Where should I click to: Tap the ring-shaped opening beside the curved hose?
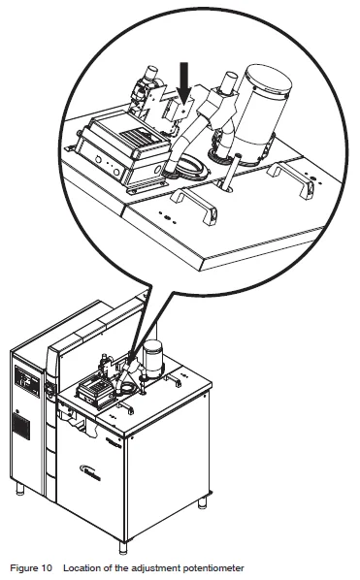coord(193,169)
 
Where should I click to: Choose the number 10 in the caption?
coord(47,567)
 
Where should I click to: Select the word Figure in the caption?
coord(23,567)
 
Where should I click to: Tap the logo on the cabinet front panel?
coord(90,472)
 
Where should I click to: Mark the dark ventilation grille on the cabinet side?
coord(21,426)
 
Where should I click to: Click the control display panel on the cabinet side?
coord(27,381)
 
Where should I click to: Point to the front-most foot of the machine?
coord(123,547)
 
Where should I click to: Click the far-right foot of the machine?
coord(202,502)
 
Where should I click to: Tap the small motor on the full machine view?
coord(152,360)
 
